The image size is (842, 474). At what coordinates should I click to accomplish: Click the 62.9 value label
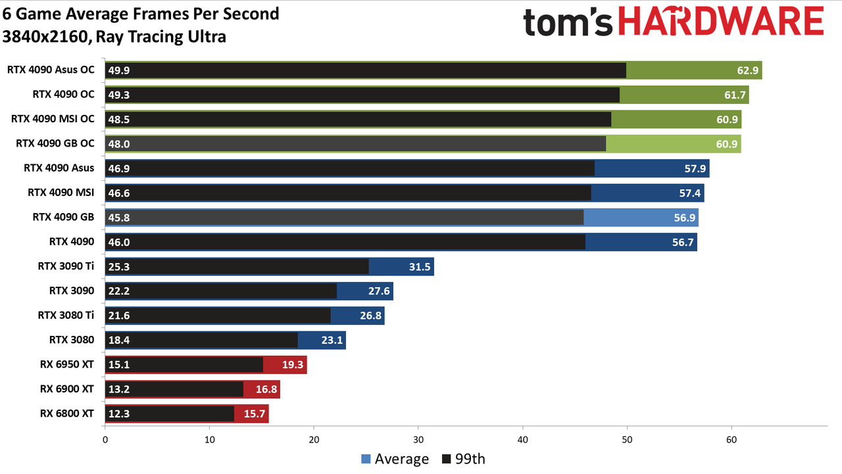[x=748, y=70]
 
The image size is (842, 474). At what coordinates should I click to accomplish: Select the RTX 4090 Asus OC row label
[x=51, y=70]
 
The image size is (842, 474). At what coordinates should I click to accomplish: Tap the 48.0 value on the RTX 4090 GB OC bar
[x=119, y=144]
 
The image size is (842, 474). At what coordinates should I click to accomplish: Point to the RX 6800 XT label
[x=67, y=414]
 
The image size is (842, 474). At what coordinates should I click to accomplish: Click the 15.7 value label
[x=255, y=414]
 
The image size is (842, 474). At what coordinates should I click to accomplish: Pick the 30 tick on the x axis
[x=418, y=440]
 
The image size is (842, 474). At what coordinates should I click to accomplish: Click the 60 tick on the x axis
[x=731, y=440]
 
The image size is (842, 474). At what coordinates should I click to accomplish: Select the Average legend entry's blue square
[x=366, y=459]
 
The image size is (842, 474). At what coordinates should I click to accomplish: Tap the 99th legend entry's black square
[x=446, y=459]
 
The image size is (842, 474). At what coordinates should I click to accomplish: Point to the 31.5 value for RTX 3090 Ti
[x=420, y=267]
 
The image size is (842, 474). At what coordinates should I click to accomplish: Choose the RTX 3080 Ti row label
[x=66, y=315]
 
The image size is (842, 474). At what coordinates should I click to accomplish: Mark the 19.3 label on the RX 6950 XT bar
[x=293, y=365]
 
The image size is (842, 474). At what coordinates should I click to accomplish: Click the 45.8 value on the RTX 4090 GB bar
[x=119, y=218]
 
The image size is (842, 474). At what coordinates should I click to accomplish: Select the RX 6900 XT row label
[x=67, y=389]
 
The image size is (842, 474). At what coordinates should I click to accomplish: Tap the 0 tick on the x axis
[x=105, y=440]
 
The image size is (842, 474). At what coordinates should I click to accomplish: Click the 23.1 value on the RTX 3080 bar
[x=332, y=341]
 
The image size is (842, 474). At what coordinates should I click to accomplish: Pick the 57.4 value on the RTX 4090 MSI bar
[x=690, y=193]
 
